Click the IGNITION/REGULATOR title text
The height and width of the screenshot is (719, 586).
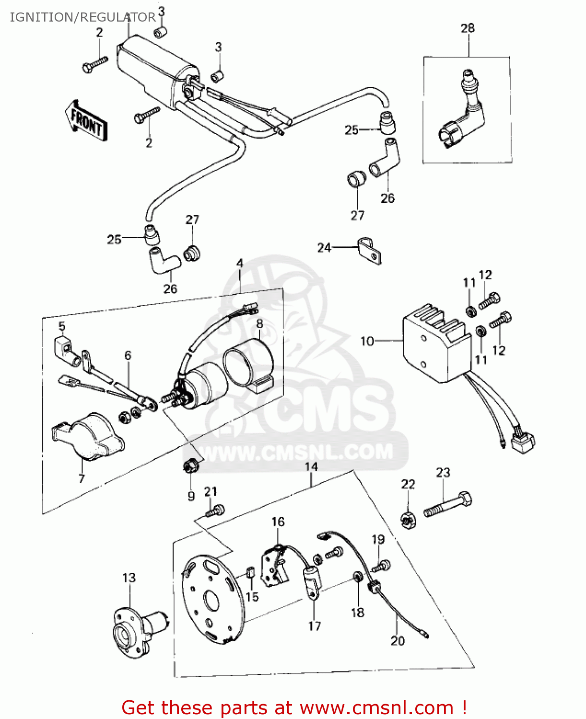coord(82,17)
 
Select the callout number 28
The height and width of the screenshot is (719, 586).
coord(468,28)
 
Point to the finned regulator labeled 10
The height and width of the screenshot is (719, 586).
coord(434,342)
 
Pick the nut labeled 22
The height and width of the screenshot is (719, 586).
coord(408,519)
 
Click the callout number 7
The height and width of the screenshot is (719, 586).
coord(82,478)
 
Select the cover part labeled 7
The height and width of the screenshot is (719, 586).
coord(89,436)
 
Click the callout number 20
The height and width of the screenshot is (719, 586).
coord(398,640)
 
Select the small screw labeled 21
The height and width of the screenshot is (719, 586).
coord(215,511)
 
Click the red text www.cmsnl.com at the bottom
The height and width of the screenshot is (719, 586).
coord(376,707)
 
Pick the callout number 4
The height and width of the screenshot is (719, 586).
coord(240,263)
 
